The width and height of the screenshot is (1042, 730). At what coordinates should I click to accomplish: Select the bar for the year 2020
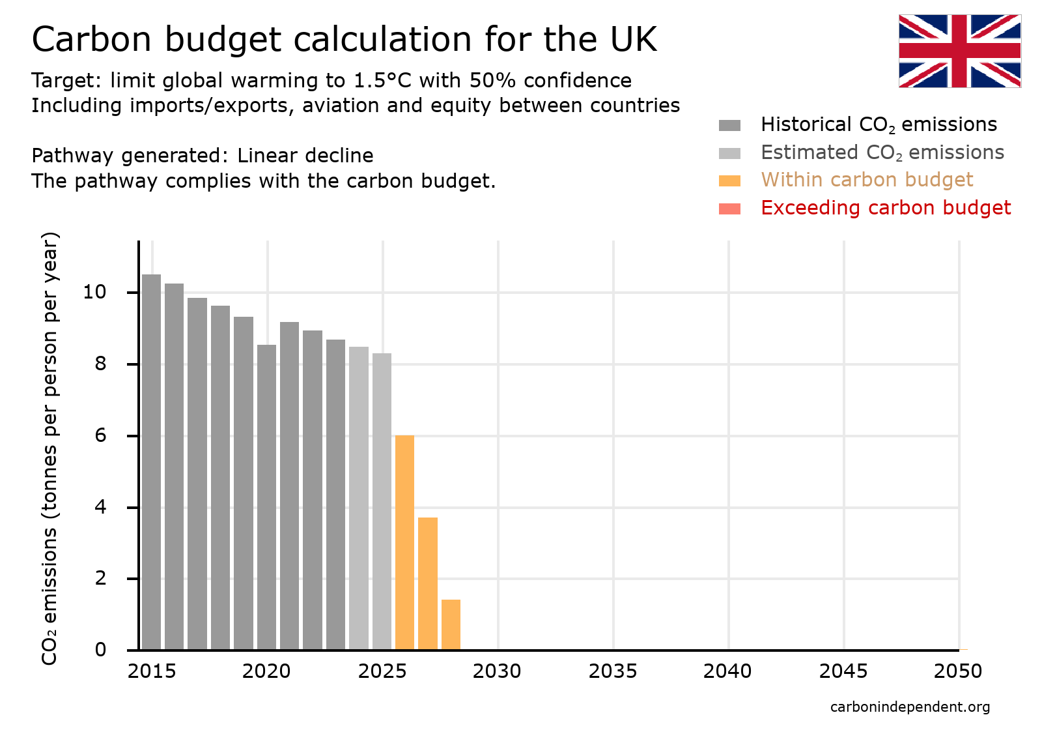[266, 497]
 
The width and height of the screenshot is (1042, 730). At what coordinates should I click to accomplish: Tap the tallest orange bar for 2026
[404, 542]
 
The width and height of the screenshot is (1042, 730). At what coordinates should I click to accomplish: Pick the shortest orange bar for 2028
[451, 624]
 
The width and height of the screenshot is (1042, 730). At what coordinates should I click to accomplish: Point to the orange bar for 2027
[428, 583]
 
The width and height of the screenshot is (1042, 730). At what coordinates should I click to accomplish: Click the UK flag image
[959, 51]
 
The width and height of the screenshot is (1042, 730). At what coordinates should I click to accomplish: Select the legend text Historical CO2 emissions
[879, 124]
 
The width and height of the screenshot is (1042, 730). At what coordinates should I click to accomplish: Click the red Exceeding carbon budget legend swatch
[729, 209]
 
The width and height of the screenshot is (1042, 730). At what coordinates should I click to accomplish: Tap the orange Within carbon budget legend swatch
[729, 181]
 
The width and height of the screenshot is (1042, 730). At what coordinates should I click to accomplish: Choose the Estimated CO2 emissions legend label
[882, 153]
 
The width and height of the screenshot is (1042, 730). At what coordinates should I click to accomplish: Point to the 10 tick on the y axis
[95, 292]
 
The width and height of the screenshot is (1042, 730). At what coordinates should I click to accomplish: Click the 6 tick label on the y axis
[100, 435]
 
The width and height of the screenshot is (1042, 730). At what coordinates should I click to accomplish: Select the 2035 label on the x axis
[612, 671]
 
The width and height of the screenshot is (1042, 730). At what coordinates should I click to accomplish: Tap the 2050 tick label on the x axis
[957, 671]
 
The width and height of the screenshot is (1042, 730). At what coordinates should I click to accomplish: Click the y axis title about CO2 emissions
[49, 448]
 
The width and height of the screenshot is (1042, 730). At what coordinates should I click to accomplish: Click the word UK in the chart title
[633, 39]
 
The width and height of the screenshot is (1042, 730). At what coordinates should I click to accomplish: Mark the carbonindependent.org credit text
[910, 707]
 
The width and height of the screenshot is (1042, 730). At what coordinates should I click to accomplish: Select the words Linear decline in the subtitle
[305, 156]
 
